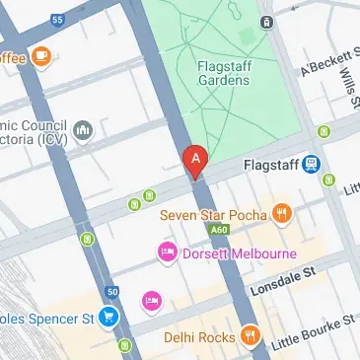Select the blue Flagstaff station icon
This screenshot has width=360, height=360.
(x=312, y=164)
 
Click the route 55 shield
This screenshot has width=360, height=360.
(x=57, y=19)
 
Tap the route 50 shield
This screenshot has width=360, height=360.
(x=111, y=292)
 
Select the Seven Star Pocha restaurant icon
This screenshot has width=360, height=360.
(x=282, y=212)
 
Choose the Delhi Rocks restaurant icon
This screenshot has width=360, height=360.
(x=250, y=337)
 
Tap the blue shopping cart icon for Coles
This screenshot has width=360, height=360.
(x=109, y=317)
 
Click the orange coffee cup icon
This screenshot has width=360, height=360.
(x=40, y=57)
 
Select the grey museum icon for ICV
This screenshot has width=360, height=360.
(x=83, y=129)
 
